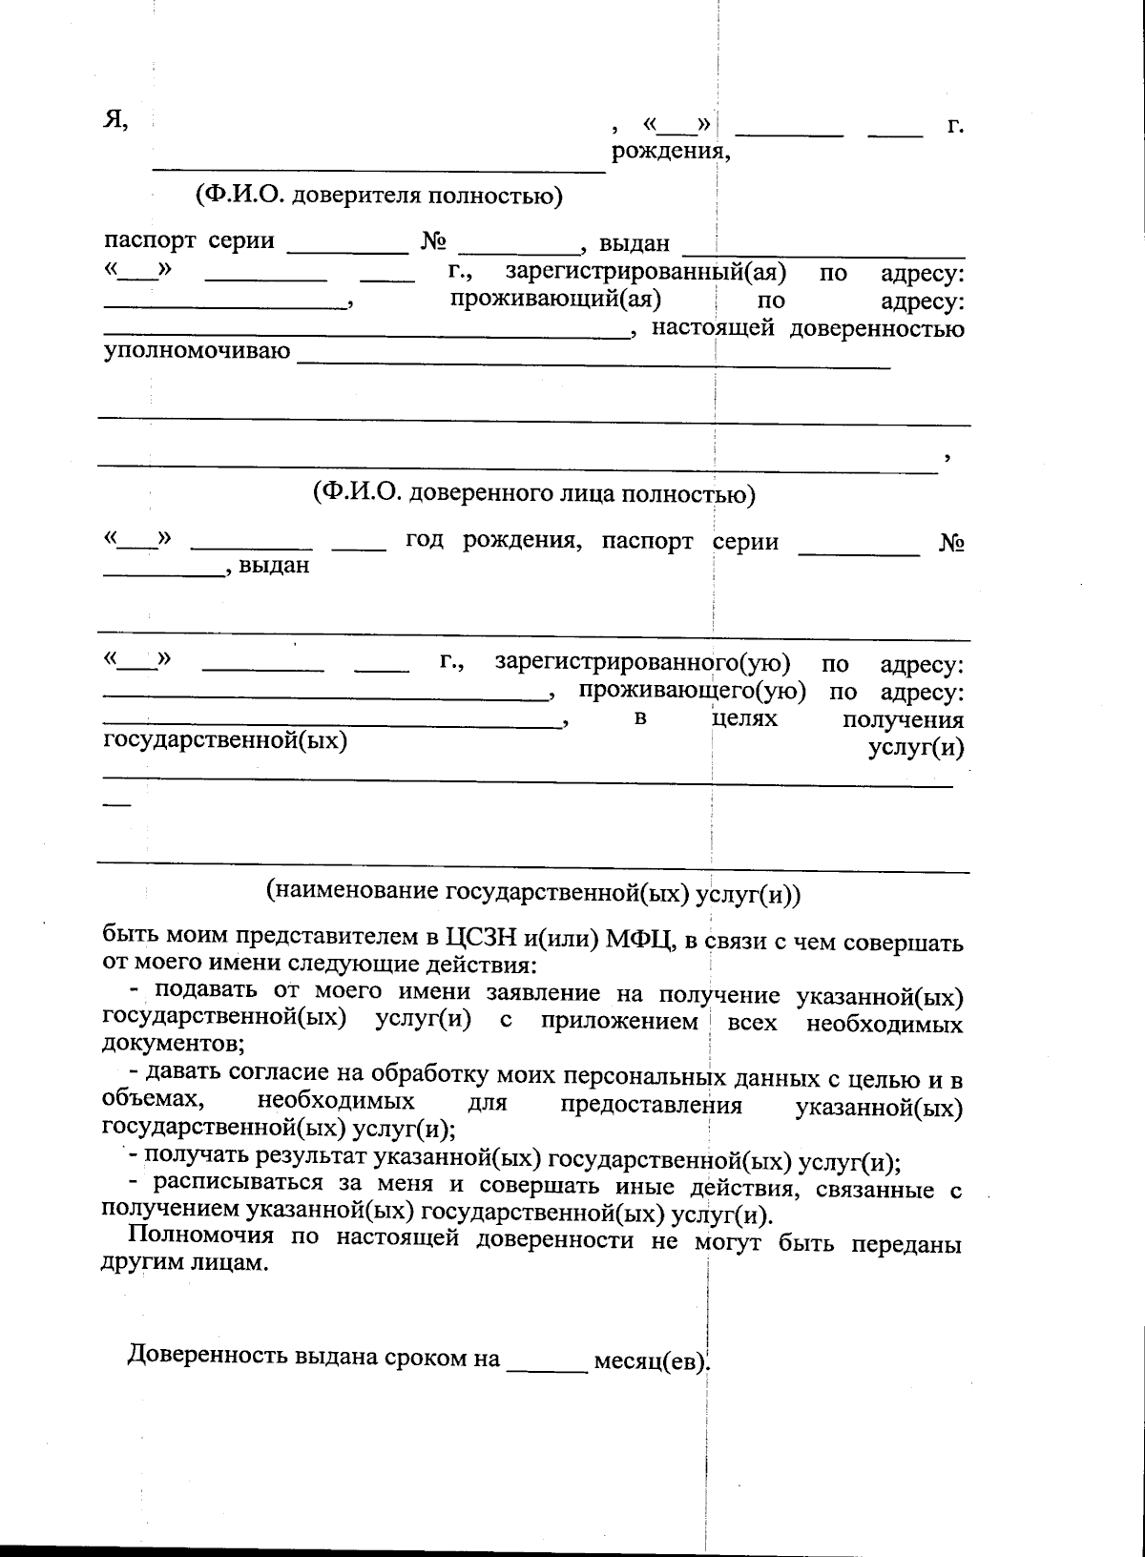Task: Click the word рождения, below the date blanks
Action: (671, 151)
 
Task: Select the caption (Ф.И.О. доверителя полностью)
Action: (379, 197)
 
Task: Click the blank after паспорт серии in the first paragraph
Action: (346, 248)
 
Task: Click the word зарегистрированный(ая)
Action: (645, 273)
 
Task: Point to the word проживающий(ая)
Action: (556, 300)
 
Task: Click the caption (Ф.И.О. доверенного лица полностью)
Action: (534, 493)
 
